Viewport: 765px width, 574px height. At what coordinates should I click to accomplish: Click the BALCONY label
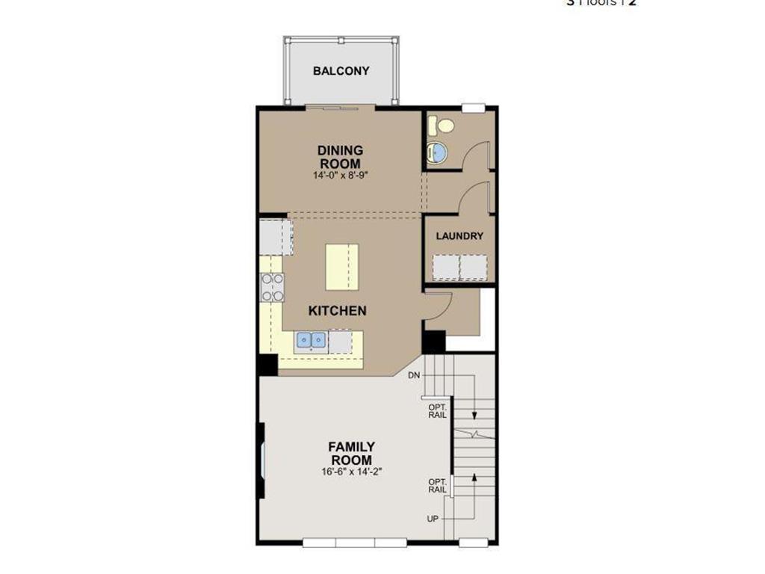pyautogui.click(x=341, y=71)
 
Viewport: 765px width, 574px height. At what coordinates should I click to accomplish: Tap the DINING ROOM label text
pyautogui.click(x=340, y=157)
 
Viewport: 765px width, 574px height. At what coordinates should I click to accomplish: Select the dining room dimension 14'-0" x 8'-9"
pyautogui.click(x=340, y=176)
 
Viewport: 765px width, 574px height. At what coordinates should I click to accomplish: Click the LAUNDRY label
pyautogui.click(x=459, y=235)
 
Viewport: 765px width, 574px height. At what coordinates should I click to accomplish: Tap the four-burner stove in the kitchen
pyautogui.click(x=272, y=287)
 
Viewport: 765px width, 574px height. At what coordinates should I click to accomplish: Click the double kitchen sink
pyautogui.click(x=312, y=341)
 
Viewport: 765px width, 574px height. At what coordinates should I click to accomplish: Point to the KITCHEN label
pyautogui.click(x=338, y=310)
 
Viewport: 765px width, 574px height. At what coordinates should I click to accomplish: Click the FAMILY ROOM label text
pyautogui.click(x=351, y=453)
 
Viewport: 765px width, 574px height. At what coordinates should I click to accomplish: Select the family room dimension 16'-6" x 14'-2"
pyautogui.click(x=351, y=472)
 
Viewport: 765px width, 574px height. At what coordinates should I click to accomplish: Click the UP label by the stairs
pyautogui.click(x=433, y=519)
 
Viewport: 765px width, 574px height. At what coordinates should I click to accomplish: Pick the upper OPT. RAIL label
pyautogui.click(x=437, y=410)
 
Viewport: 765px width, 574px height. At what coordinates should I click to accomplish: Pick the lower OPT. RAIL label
pyautogui.click(x=437, y=486)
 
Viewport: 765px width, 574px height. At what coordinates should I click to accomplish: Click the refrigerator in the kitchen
pyautogui.click(x=274, y=236)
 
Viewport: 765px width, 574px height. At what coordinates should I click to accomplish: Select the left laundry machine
pyautogui.click(x=445, y=267)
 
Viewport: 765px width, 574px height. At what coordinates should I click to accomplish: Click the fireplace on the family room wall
pyautogui.click(x=261, y=461)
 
